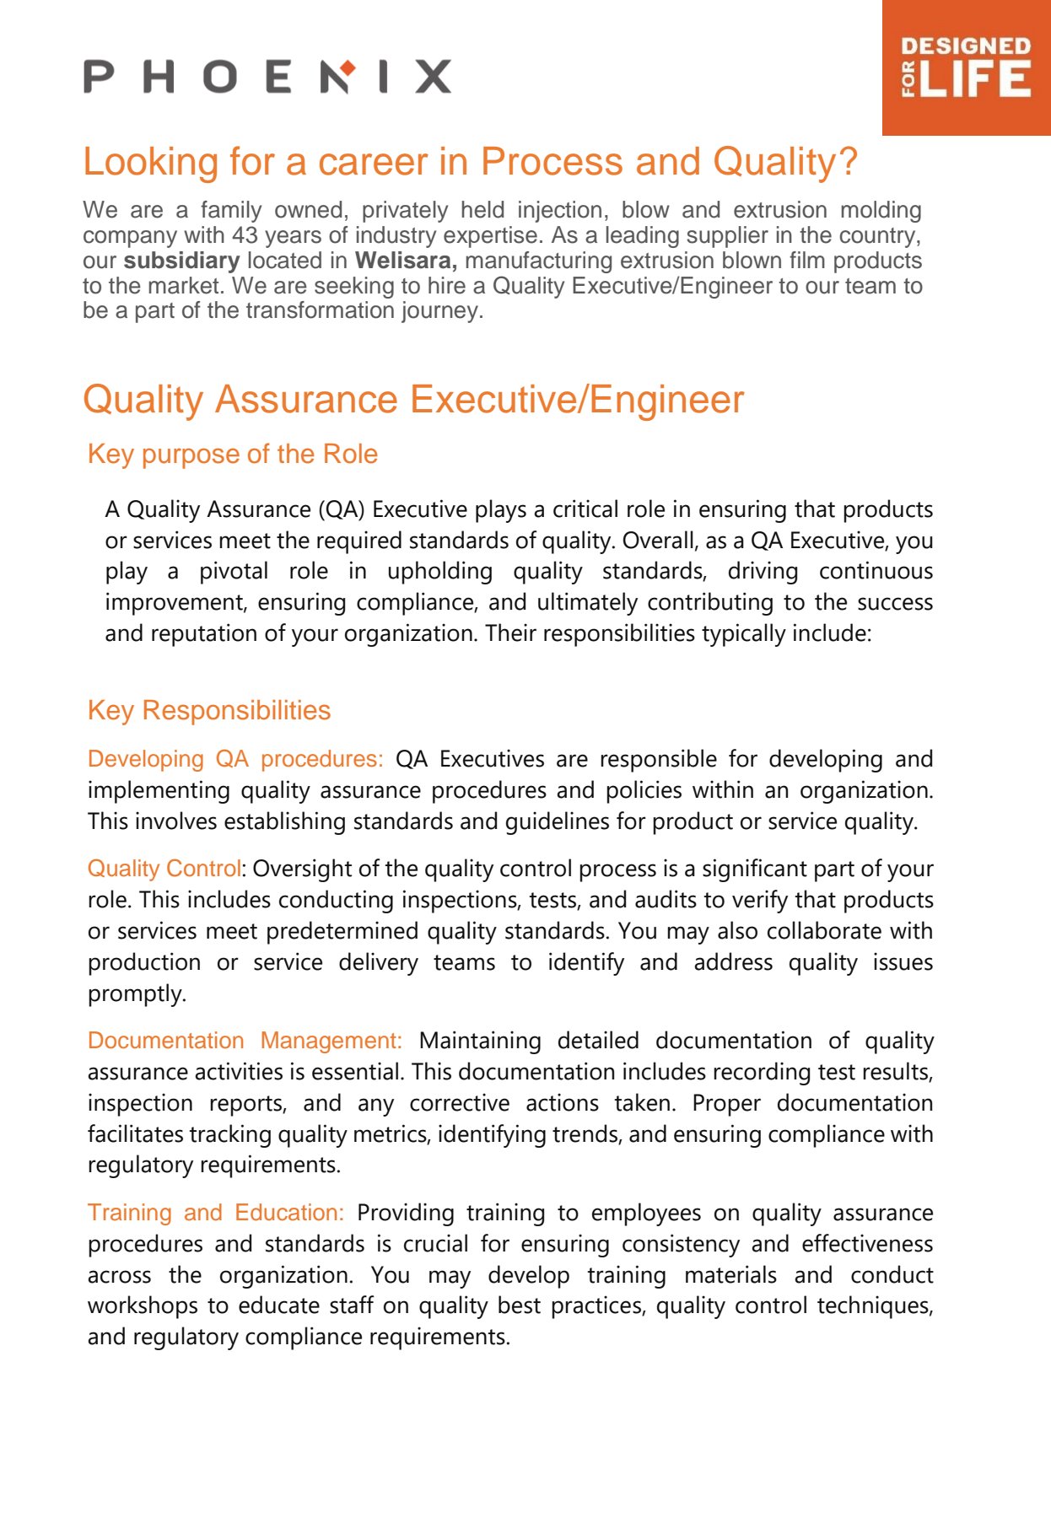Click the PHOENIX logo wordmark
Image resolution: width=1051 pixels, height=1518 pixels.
pos(267,77)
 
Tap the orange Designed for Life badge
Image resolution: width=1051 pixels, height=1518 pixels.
pos(966,67)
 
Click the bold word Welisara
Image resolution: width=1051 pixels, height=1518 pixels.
pos(406,261)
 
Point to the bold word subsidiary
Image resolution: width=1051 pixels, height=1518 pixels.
pos(181,261)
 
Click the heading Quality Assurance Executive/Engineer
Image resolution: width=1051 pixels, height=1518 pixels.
pos(413,400)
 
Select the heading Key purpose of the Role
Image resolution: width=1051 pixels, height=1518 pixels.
pos(232,454)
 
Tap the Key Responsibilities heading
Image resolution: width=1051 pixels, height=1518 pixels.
pos(208,710)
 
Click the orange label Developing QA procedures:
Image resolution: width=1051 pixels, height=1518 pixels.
pos(234,759)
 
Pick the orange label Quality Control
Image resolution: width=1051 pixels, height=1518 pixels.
pos(164,869)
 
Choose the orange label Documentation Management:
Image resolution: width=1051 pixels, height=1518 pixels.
pos(245,1041)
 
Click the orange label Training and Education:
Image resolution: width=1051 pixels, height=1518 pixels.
pos(215,1213)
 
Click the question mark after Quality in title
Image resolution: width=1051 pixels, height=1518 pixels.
pos(848,162)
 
